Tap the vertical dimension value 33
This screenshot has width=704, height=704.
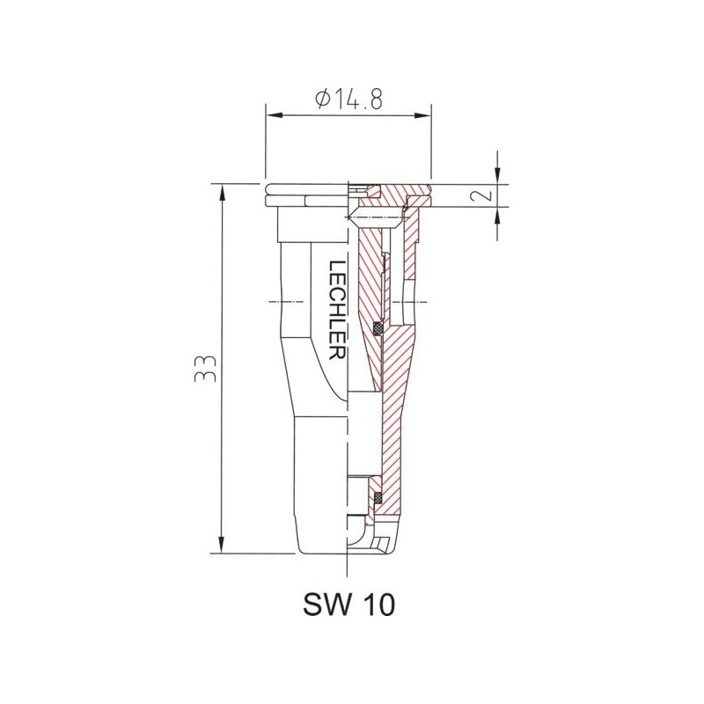[204, 368]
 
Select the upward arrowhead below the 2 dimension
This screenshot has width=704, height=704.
[497, 213]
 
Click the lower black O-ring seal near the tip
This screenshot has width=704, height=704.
[379, 499]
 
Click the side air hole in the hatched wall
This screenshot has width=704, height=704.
[410, 300]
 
